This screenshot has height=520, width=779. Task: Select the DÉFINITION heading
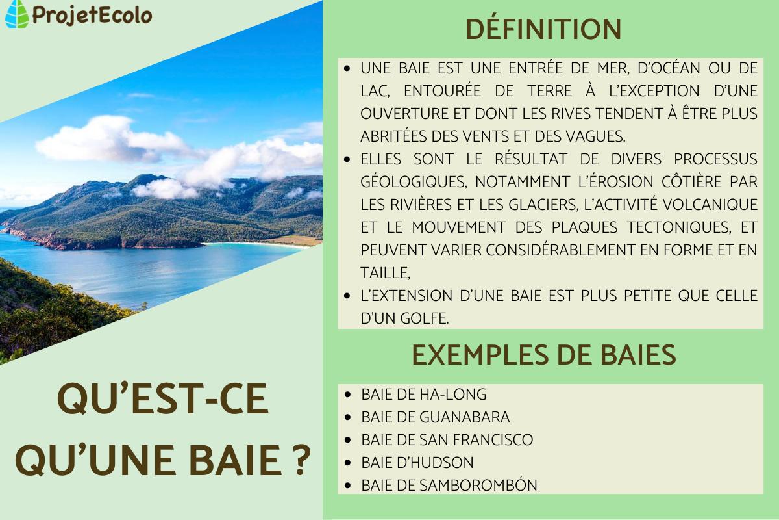[x=543, y=29]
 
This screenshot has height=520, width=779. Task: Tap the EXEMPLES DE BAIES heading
[x=543, y=355]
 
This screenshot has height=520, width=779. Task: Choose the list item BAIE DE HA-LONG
[x=423, y=395]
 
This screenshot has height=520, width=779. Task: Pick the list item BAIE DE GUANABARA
[x=435, y=417]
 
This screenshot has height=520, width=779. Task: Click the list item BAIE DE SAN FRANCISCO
[x=447, y=440]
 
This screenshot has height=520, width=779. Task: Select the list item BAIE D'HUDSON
[x=417, y=463]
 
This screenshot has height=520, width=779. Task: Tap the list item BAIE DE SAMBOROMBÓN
[x=449, y=486]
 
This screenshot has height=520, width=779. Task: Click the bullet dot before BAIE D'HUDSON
[x=349, y=463]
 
